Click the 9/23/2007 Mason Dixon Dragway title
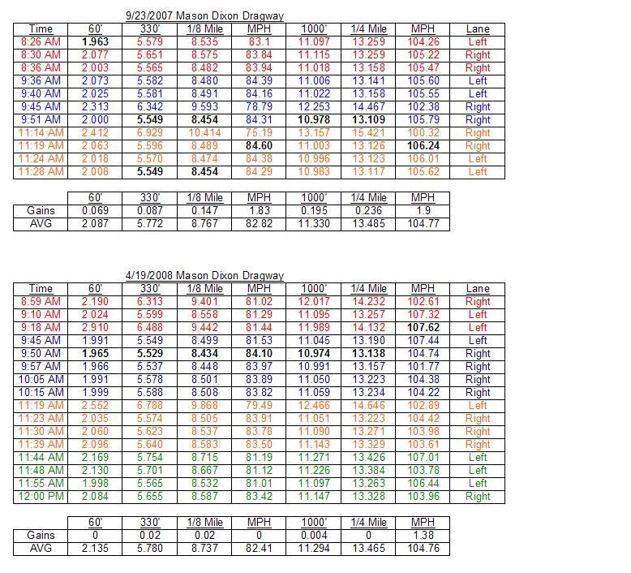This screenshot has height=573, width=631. [x=204, y=16]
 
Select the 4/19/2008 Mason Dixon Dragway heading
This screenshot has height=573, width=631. [x=204, y=276]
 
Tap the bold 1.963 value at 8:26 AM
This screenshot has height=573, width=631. [x=95, y=42]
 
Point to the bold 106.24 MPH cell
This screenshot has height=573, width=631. [x=423, y=146]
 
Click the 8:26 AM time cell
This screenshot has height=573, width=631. [x=41, y=42]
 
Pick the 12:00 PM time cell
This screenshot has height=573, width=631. [x=41, y=497]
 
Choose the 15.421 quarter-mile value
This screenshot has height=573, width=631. [x=368, y=133]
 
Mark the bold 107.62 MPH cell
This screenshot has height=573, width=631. [x=423, y=328]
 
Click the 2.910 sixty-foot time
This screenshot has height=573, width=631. [x=95, y=328]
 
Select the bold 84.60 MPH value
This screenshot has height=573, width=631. [x=260, y=146]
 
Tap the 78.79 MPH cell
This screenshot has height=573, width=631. [x=260, y=107]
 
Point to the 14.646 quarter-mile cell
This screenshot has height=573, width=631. [x=368, y=406]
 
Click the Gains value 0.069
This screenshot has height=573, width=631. [x=95, y=210]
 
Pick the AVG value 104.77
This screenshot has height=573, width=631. [x=423, y=223]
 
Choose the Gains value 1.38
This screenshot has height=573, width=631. [x=423, y=536]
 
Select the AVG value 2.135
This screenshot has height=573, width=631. [x=95, y=549]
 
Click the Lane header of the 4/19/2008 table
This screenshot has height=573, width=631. [x=478, y=289]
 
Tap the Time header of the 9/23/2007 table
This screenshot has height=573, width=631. [x=41, y=29]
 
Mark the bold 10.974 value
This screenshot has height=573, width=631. [x=314, y=354]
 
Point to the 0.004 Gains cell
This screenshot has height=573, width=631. [x=314, y=536]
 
